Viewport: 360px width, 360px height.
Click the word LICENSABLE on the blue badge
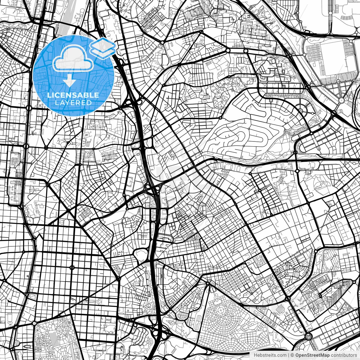click(73, 95)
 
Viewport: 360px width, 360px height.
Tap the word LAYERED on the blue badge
click(73, 103)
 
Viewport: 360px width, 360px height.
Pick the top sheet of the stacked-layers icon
click(103, 44)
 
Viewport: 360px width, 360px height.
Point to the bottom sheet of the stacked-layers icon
click(103, 51)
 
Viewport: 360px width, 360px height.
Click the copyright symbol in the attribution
click(292, 355)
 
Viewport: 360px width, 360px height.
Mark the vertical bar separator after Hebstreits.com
click(289, 355)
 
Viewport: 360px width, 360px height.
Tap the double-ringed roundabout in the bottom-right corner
click(308, 336)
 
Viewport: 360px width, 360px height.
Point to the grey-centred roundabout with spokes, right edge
click(341, 100)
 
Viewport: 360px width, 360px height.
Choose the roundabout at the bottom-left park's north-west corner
click(35, 323)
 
